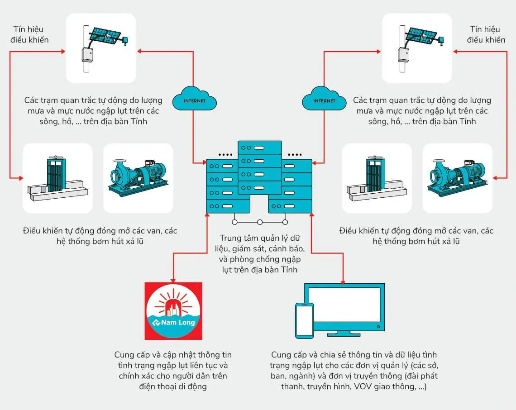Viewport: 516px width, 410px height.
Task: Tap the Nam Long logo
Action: pos(173,311)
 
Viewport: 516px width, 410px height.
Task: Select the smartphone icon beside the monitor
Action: pos(305,320)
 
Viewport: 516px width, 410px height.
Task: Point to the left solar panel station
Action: pos(101,48)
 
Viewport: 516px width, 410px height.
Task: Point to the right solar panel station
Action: pos(417,48)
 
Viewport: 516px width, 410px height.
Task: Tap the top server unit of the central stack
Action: pos(259,148)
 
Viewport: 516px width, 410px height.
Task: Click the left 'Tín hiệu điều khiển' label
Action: pos(31,34)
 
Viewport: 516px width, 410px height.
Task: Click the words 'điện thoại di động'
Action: pos(173,386)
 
